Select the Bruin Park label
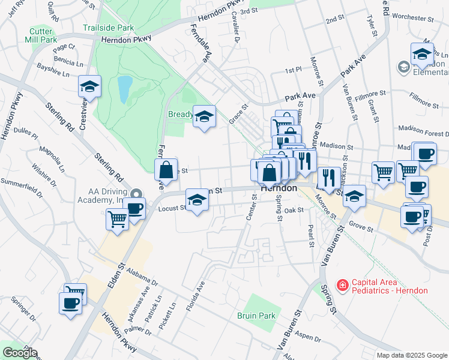[255, 316]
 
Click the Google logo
[20, 353]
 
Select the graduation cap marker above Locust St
[196, 199]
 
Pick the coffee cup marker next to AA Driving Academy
[134, 208]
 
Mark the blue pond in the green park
[124, 89]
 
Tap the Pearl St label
[311, 236]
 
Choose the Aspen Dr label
[309, 337]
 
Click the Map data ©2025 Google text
[411, 355]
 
